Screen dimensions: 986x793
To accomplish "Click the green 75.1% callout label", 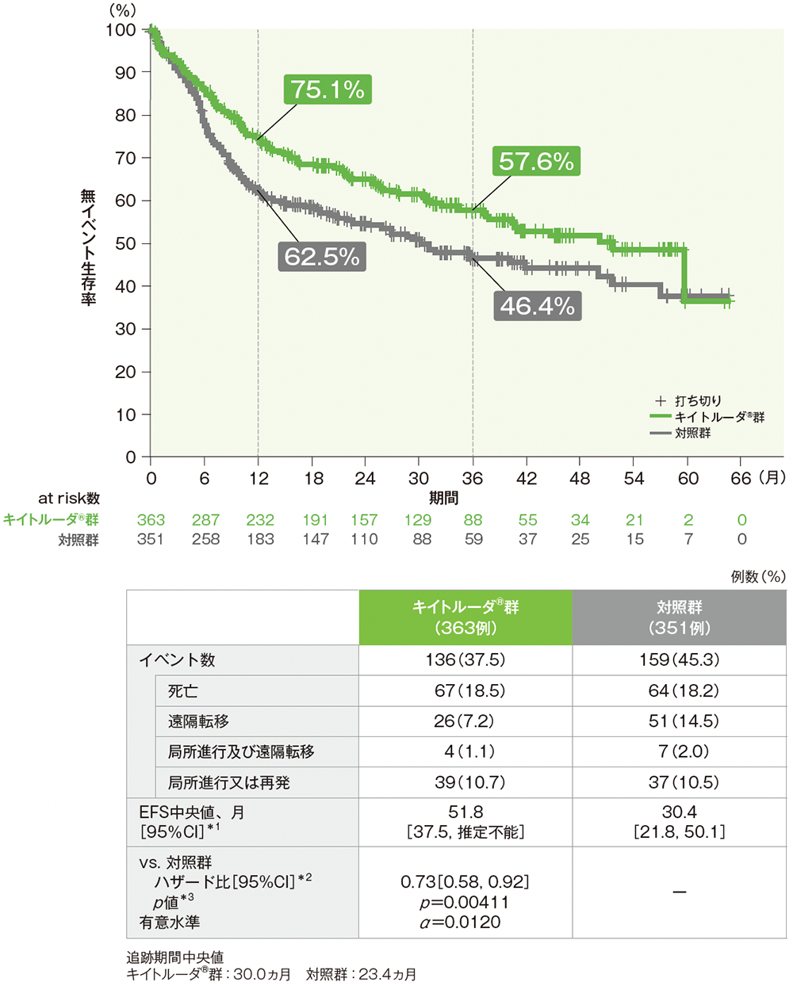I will pos(328,90).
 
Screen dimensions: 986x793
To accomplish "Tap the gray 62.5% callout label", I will pos(322,257).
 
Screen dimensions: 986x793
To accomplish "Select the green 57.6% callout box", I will pos(536,162).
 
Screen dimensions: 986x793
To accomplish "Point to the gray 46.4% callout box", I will pos(537,306).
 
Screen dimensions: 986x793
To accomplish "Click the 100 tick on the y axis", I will pos(121,30).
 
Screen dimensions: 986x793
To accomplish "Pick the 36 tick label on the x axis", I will pos(473,479).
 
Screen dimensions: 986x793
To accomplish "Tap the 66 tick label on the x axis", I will pos(740,479).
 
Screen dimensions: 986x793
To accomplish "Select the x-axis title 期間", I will pos(444,498).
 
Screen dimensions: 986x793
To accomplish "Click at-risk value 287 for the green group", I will pos(205,520).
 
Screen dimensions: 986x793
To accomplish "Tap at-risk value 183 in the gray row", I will pos(260,539).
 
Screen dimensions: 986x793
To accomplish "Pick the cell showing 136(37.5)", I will pos(465,660).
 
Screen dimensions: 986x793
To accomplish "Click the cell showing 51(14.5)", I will pos(680,721).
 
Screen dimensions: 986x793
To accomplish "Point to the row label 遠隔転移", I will pos(198,721).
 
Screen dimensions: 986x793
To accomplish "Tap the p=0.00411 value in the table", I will pos(465,902).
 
